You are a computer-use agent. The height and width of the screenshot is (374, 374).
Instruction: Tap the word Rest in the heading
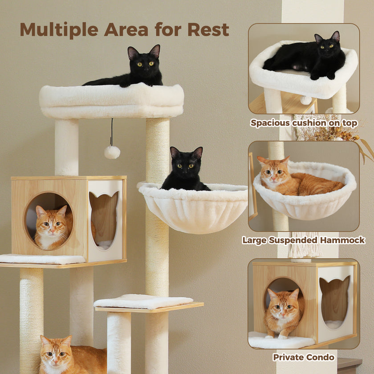pos(208,29)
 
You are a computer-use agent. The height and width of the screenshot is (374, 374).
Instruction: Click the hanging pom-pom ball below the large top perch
pos(112,152)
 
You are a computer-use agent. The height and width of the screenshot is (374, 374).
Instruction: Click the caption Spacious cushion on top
pos(304,123)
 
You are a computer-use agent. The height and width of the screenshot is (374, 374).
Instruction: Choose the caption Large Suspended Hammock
pos(303,240)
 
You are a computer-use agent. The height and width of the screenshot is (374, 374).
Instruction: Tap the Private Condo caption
pos(304,357)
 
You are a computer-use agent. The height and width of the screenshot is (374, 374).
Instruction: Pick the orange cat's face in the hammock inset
pos(272,172)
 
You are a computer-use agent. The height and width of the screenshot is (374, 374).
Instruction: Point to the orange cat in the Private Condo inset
pos(282,312)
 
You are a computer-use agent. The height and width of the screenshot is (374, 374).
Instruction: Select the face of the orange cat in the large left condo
pos(52,225)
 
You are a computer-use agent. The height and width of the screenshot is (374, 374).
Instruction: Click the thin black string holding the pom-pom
pos(112,132)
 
